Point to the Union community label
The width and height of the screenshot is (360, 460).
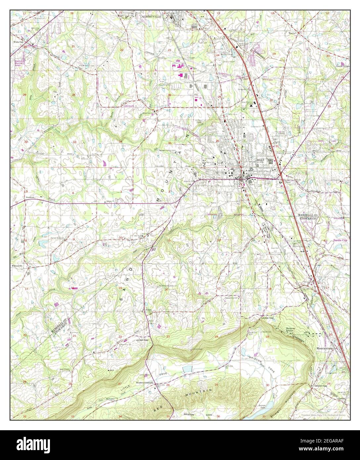(149, 310)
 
